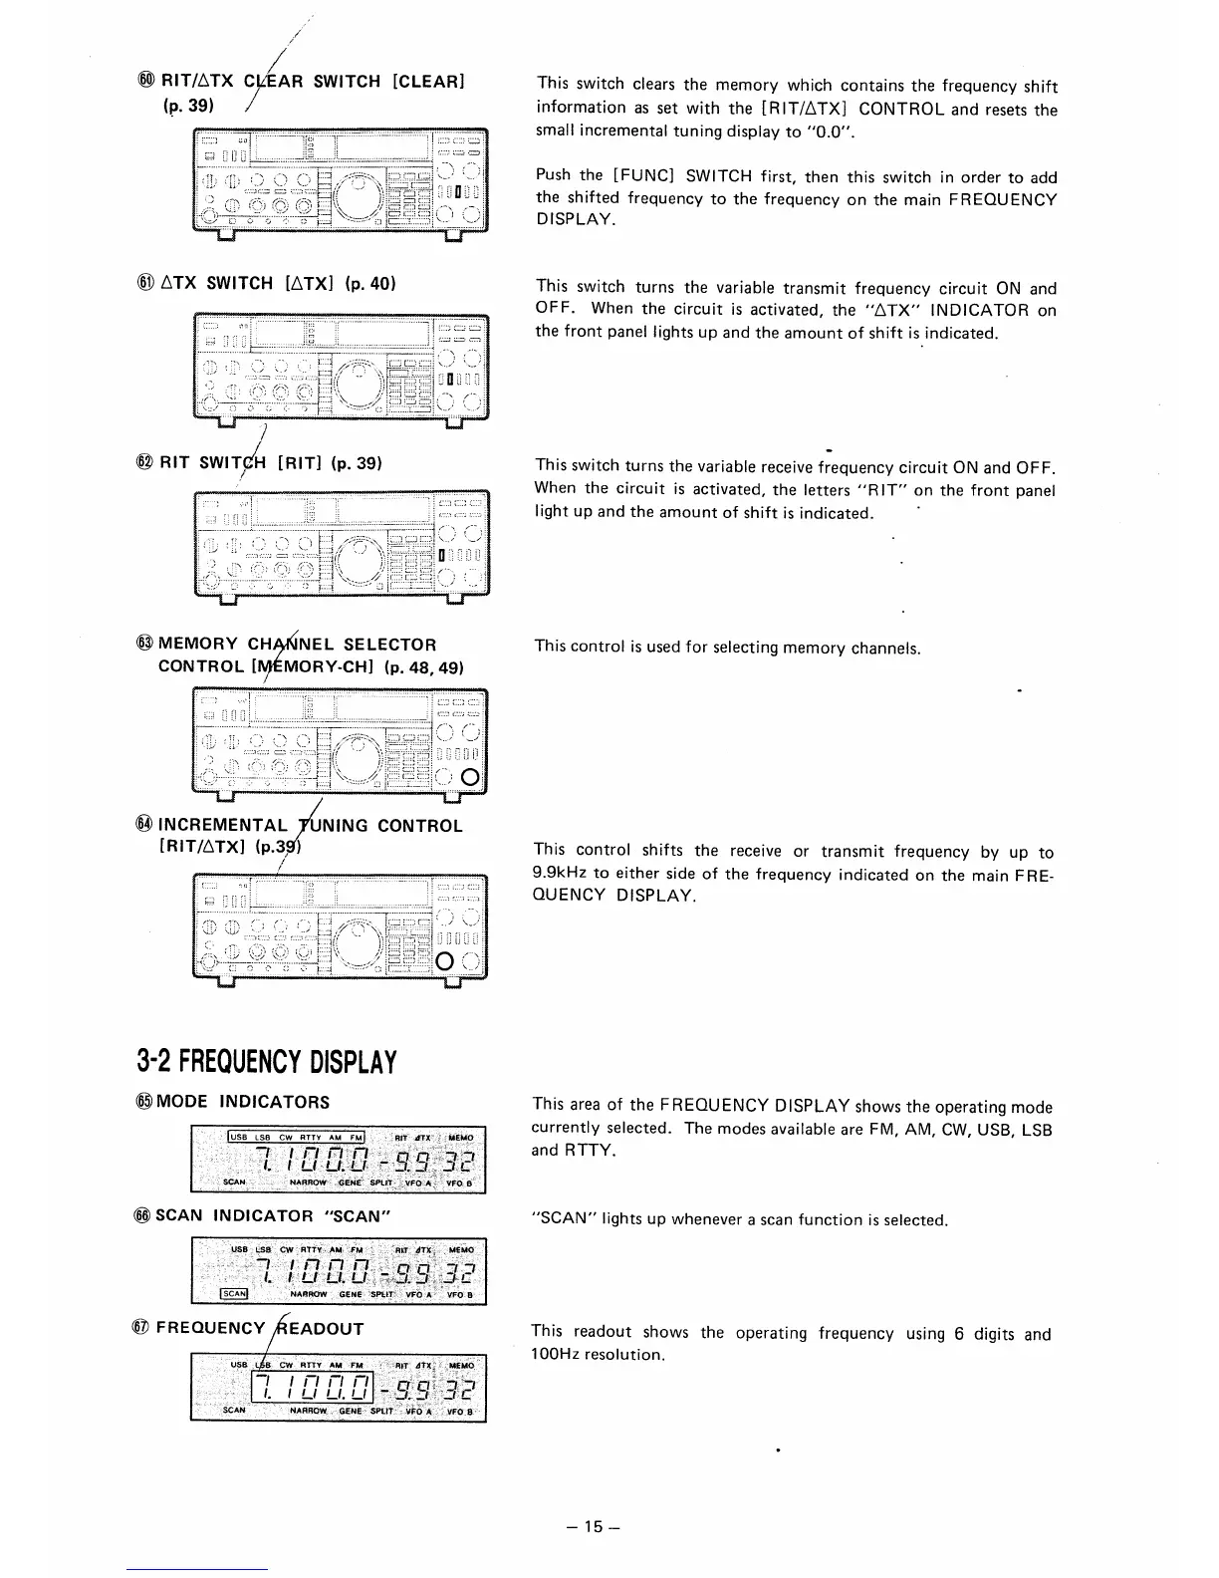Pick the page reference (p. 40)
tap(370, 283)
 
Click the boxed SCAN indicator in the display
tap(231, 1294)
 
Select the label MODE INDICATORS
tap(243, 1102)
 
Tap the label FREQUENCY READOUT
tap(260, 1328)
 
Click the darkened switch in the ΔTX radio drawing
tap(451, 378)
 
